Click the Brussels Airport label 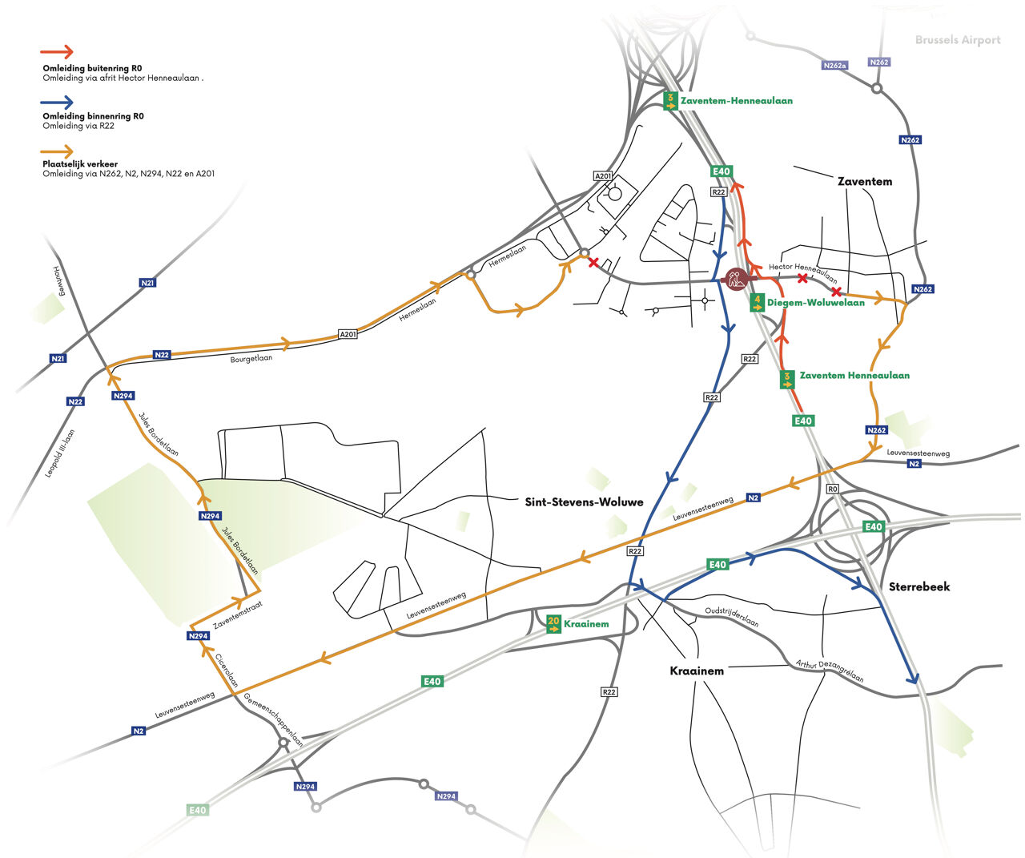[958, 40]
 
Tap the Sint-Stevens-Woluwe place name [584, 502]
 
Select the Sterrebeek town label [919, 586]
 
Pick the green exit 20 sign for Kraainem [553, 623]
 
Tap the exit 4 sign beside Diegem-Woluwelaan [757, 302]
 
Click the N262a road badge [834, 66]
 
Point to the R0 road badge [832, 489]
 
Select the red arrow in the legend [57, 53]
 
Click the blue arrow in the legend [57, 102]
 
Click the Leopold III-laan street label [60, 453]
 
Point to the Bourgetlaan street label [251, 359]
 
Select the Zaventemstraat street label [238, 614]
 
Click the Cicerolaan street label [227, 671]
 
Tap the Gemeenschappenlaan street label [274, 719]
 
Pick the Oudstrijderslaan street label [731, 616]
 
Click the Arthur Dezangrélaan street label [830, 671]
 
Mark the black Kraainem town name [697, 671]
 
